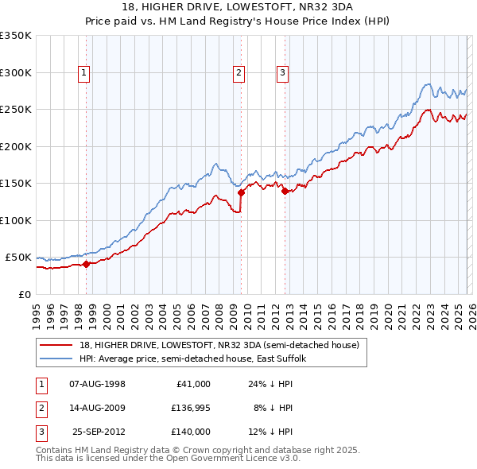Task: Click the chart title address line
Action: pyautogui.click(x=238, y=6)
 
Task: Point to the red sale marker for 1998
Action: pyautogui.click(x=86, y=265)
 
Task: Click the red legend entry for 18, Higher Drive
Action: pyautogui.click(x=219, y=345)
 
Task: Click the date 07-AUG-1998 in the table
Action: pyautogui.click(x=98, y=384)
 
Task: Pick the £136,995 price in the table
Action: pyautogui.click(x=191, y=408)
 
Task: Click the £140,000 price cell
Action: pyautogui.click(x=191, y=432)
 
